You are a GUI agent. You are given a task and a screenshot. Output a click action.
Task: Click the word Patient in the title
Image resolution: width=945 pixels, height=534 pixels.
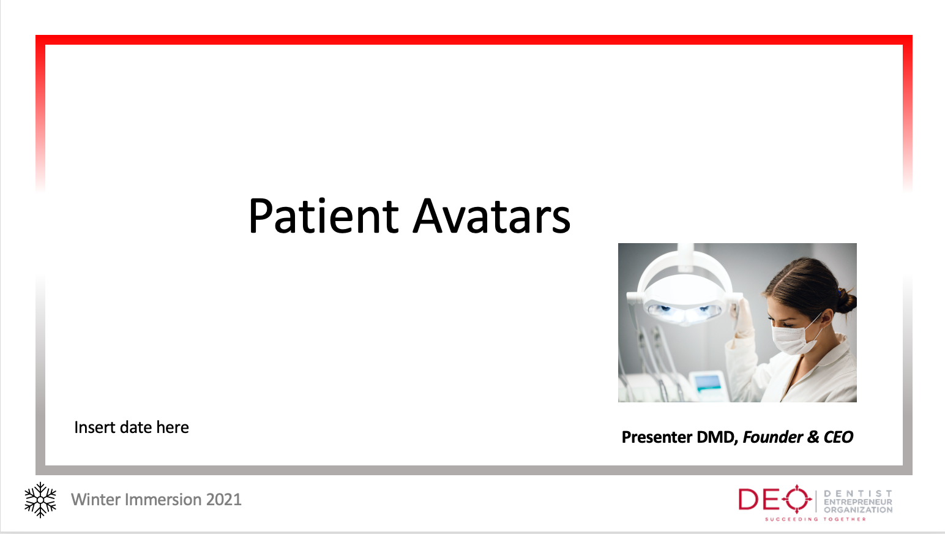[x=323, y=216]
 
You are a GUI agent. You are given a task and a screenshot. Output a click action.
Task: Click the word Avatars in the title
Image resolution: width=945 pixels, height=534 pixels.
[x=491, y=216]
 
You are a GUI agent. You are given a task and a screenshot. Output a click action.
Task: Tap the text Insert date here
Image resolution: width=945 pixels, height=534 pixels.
[x=132, y=427]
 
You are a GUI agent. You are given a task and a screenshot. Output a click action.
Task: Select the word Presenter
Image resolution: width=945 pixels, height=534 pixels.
[x=657, y=437]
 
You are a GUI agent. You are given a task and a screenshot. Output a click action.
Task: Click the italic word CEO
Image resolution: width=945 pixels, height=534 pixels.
[x=839, y=437]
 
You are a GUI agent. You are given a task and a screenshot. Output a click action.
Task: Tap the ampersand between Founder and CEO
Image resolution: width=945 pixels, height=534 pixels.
[x=813, y=437]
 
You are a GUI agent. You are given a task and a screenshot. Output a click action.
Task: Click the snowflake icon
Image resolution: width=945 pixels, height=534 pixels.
[x=40, y=500]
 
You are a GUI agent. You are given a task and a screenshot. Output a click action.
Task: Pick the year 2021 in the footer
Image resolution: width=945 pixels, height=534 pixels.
[x=223, y=499]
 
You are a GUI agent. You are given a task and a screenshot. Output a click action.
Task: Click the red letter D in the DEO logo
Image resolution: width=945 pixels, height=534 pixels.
[x=749, y=499]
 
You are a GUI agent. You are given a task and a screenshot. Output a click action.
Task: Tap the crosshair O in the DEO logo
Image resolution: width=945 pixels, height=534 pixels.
[x=796, y=499]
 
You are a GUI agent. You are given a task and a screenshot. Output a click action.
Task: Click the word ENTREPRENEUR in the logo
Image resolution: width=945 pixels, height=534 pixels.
[x=858, y=502]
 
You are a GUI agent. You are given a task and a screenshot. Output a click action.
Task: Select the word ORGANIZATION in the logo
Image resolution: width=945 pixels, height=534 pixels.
[x=858, y=510]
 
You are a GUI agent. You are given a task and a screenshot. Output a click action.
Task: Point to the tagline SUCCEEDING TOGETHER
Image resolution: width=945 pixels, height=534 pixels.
[x=815, y=519]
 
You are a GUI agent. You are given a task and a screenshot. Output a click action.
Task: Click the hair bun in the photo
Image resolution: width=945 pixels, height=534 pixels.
[x=846, y=301]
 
